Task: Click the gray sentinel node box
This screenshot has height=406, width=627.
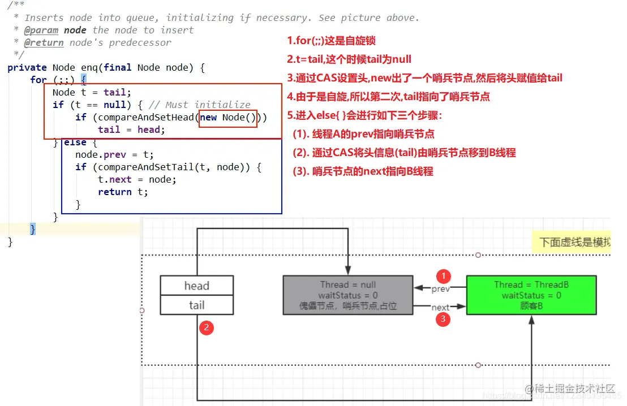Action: (347, 295)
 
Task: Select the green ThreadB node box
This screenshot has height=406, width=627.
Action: (531, 295)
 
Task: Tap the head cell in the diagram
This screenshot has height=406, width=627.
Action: (196, 286)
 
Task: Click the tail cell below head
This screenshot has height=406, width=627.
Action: (196, 305)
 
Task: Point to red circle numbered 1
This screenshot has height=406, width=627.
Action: (444, 276)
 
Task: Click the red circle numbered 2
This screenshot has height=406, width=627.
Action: (207, 327)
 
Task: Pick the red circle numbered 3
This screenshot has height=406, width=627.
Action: (444, 319)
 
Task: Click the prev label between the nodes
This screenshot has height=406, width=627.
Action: (440, 289)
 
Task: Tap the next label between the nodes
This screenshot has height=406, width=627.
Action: (440, 308)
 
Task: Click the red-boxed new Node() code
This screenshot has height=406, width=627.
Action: (228, 117)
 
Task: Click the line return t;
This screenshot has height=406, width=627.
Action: (123, 192)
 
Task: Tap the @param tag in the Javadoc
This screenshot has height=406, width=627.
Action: (41, 30)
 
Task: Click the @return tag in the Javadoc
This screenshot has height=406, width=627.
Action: (44, 42)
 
